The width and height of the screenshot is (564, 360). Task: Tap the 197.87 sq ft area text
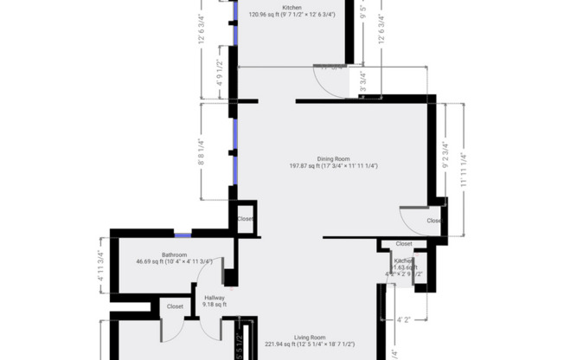pyautogui.click(x=333, y=166)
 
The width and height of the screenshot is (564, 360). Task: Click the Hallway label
pyautogui.click(x=215, y=298)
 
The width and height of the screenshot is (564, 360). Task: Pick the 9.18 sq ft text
pyautogui.click(x=215, y=305)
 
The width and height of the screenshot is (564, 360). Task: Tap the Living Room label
pyautogui.click(x=308, y=337)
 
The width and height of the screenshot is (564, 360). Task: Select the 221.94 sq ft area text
pyautogui.click(x=308, y=344)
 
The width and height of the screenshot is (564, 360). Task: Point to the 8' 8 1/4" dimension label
pyautogui.click(x=201, y=152)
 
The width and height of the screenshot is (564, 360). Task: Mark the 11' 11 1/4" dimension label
pyautogui.click(x=464, y=170)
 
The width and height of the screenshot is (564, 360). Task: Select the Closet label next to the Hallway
pyautogui.click(x=175, y=306)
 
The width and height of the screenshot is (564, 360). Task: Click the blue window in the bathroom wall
pyautogui.click(x=182, y=235)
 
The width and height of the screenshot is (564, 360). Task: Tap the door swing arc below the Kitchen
pyautogui.click(x=329, y=82)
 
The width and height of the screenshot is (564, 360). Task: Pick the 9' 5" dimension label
pyautogui.click(x=363, y=15)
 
